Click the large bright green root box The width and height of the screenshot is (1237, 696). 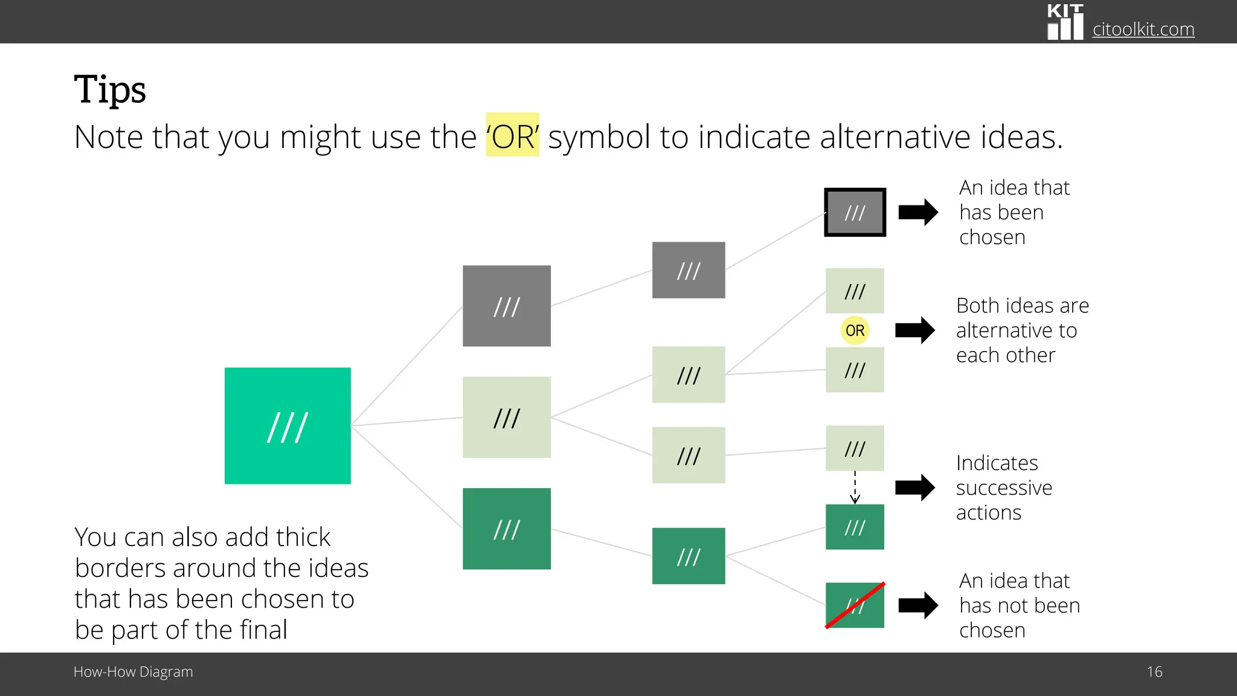coord(288,425)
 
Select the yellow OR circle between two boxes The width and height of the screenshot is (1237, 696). coord(855,330)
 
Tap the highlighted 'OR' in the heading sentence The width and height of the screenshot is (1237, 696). coord(513,136)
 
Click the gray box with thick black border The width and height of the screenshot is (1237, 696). coord(855,212)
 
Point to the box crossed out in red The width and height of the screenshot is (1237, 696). coord(855,605)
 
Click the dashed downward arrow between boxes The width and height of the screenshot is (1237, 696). coord(855,487)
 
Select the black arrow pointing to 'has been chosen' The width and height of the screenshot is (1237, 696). coord(917,212)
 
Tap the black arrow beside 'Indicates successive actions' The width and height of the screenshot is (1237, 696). coord(914,488)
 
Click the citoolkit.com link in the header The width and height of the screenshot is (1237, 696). coord(1143,29)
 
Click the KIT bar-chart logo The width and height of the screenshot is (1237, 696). coord(1065,22)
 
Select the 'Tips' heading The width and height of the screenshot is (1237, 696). coord(110,89)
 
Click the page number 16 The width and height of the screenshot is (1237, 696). coord(1154,672)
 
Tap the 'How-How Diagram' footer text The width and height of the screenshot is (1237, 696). coord(133,672)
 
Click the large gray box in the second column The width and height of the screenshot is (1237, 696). coord(506,306)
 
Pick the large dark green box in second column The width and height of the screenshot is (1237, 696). coord(506,529)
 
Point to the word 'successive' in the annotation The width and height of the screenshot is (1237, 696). coord(1004,488)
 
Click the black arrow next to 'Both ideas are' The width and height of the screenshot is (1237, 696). coord(914,330)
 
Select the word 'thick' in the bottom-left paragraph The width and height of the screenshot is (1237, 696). coord(303,537)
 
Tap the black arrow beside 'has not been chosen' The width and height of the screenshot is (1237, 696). coord(917,605)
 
